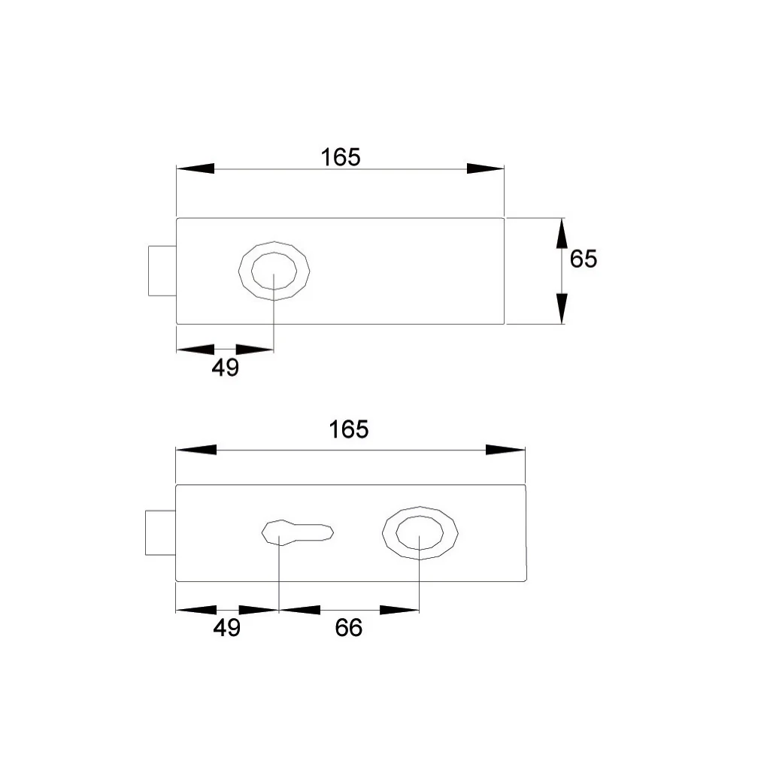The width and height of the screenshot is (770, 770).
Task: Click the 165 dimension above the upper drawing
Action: click(x=341, y=158)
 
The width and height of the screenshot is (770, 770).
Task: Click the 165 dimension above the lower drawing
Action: click(x=349, y=429)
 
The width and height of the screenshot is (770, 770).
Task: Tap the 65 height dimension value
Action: click(x=584, y=259)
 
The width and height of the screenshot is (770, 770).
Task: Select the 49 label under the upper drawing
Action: click(x=226, y=367)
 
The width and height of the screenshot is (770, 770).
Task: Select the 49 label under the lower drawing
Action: click(x=227, y=628)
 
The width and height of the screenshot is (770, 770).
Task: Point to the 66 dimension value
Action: click(x=349, y=628)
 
